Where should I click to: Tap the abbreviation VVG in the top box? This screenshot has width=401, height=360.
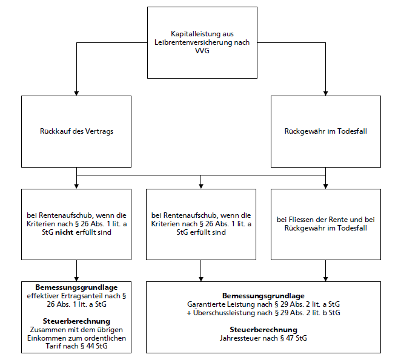pos(202,51)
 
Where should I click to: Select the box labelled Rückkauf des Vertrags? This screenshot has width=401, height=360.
pos(76,131)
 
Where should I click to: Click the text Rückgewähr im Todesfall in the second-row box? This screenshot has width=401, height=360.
pos(325,131)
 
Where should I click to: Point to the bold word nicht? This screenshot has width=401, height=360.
pos(64,232)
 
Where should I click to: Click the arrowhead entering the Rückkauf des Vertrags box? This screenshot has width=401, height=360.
pos(76,93)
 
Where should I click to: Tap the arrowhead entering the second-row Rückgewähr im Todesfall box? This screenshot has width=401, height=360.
pos(325,93)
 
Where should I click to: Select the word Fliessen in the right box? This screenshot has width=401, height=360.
pos(301,220)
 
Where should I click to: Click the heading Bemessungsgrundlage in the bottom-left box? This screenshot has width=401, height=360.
pos(76,287)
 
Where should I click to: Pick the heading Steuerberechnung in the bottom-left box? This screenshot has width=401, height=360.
pos(76,321)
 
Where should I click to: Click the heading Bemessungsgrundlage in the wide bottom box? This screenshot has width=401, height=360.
pos(263,296)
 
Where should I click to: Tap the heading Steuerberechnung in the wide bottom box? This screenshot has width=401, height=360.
pos(263,330)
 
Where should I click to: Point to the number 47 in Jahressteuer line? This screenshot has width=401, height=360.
pos(290,338)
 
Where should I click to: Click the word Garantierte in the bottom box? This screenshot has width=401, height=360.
pos(204,304)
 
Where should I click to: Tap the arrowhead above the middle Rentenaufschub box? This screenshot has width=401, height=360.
pos(200,186)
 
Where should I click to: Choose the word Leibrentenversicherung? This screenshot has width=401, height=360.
pos(193,42)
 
